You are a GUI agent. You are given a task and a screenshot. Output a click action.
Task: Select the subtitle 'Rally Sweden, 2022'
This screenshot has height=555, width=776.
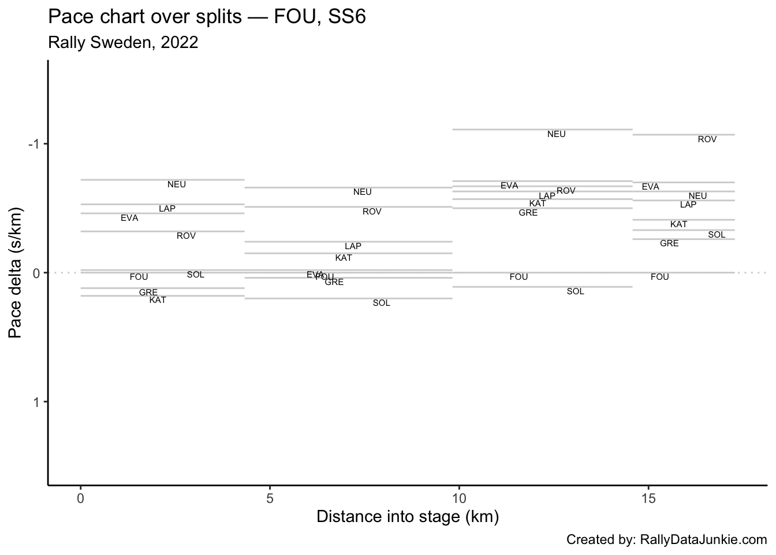[x=123, y=43]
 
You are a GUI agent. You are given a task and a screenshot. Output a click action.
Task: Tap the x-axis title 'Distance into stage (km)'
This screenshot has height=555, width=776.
[x=407, y=516]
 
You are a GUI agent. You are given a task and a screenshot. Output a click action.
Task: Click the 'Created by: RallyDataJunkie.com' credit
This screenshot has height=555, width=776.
[x=666, y=540]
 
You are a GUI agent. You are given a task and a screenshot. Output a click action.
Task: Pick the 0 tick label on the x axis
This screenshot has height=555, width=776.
[x=81, y=498]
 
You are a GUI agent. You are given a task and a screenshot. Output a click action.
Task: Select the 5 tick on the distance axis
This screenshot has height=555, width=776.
[x=270, y=498]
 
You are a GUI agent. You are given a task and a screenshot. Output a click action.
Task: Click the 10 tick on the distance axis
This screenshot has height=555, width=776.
[x=459, y=498]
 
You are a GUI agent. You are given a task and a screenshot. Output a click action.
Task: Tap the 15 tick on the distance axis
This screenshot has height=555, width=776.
[x=648, y=498]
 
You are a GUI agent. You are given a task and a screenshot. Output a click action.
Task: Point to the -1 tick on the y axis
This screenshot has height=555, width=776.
[x=34, y=144]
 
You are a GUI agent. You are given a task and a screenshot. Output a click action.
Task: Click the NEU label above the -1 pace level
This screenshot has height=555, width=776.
[x=557, y=134]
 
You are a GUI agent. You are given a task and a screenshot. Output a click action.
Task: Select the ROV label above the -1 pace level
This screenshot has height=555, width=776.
[x=707, y=139]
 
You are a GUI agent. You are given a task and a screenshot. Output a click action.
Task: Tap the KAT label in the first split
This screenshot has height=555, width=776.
[x=158, y=300]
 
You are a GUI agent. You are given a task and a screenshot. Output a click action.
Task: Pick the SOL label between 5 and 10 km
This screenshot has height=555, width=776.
[x=382, y=303]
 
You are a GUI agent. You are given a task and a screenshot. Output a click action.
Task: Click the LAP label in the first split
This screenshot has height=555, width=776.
[x=167, y=209]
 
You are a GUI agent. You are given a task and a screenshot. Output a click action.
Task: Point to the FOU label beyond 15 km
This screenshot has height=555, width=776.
[x=660, y=277]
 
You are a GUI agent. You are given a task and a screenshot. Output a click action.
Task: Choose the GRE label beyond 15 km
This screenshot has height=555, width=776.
[x=669, y=243]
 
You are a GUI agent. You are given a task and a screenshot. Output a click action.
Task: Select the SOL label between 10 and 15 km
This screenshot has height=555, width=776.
[x=576, y=291]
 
